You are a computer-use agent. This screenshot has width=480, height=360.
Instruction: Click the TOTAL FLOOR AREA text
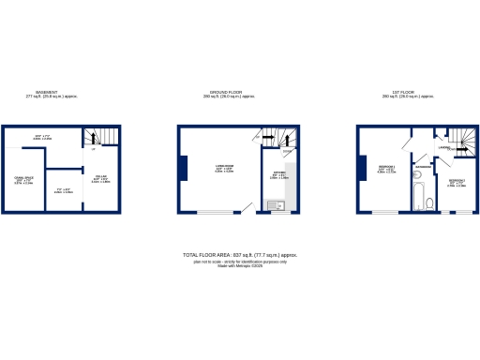click(x=241, y=255)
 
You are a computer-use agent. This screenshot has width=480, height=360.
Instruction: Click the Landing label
click(x=445, y=145)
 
